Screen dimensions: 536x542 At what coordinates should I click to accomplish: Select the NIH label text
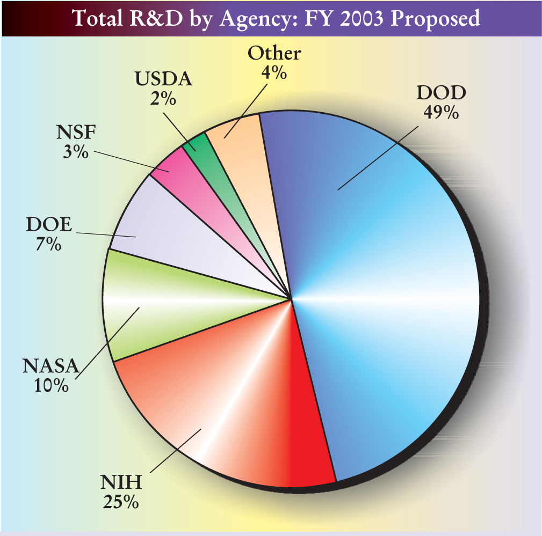coord(121,483)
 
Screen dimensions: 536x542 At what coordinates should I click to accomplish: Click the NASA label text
coord(50,367)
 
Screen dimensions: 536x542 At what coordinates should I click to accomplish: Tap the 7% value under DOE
coord(49,244)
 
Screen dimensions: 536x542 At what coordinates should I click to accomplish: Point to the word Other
coord(274,54)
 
